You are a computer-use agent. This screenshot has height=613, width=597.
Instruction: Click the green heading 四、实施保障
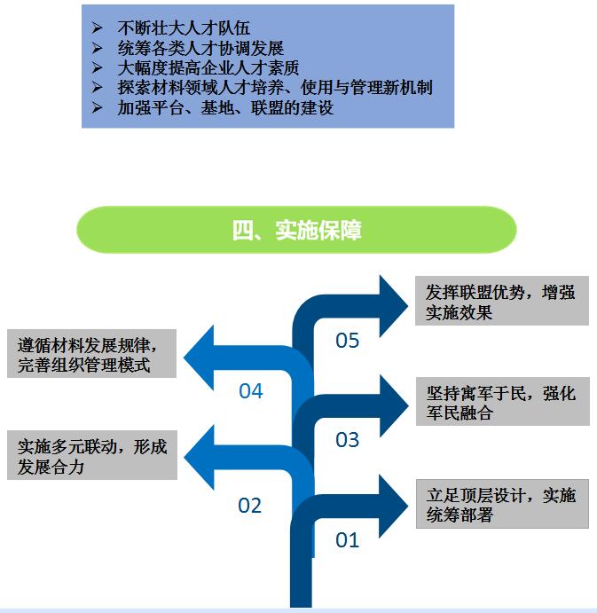pos(296,230)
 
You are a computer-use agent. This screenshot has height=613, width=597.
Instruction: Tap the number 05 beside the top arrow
pos(347,341)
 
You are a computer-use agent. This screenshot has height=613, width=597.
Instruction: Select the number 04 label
pos(251,391)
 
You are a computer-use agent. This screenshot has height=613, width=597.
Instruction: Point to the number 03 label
pos(347,440)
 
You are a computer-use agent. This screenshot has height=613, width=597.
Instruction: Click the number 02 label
pos(249,506)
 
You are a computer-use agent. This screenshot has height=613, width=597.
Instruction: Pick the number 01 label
pos(347,540)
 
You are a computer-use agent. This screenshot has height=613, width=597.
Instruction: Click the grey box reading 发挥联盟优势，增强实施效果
pos(502,301)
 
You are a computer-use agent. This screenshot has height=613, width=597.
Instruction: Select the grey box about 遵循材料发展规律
pos(92,353)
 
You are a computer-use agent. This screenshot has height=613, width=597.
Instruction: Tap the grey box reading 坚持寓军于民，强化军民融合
pos(503,402)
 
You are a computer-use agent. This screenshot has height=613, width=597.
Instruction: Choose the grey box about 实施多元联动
pos(92,455)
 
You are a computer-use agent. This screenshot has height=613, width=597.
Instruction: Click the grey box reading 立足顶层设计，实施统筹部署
pos(502,504)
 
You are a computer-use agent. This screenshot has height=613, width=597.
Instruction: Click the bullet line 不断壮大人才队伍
pos(184,28)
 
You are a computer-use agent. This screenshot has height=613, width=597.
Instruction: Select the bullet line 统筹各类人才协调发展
pos(200,49)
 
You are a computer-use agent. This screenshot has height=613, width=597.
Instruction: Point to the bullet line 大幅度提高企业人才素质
pos(208,68)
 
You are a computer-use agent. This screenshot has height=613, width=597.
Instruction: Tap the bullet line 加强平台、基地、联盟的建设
pos(225,108)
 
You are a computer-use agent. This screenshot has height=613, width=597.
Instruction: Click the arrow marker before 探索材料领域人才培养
pos(98,87)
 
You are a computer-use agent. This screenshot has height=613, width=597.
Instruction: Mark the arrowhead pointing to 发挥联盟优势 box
pos(394,306)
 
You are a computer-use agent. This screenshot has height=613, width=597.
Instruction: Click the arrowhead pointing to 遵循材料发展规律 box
pos(199,358)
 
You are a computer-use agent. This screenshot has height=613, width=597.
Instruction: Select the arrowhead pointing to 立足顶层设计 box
pos(394,507)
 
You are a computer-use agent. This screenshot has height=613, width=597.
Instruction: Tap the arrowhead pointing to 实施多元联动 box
pos(199,458)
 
